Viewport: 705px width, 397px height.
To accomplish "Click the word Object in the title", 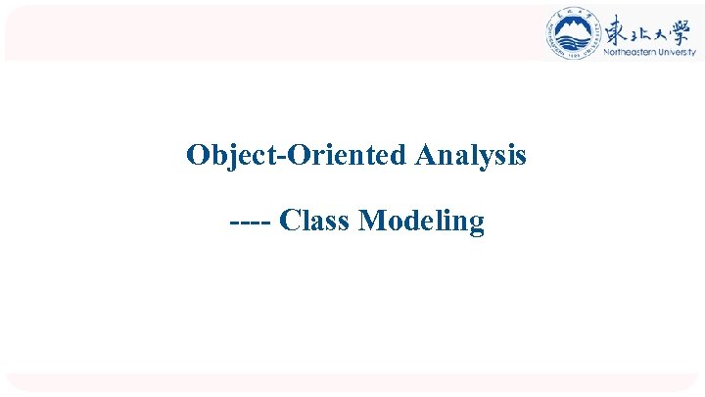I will [221, 155].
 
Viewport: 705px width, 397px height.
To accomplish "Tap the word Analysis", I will [471, 156].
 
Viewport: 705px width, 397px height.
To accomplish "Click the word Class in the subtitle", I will [314, 222].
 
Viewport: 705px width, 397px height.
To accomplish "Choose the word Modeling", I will [422, 223].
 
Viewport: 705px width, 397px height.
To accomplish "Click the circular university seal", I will [573, 34].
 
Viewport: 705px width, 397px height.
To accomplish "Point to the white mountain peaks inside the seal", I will [573, 29].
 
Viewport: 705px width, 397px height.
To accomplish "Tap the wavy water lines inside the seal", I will [573, 41].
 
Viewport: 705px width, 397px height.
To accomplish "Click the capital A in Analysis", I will [424, 155].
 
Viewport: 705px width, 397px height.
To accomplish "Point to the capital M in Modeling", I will [371, 222].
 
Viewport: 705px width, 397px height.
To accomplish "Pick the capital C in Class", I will [288, 222].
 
